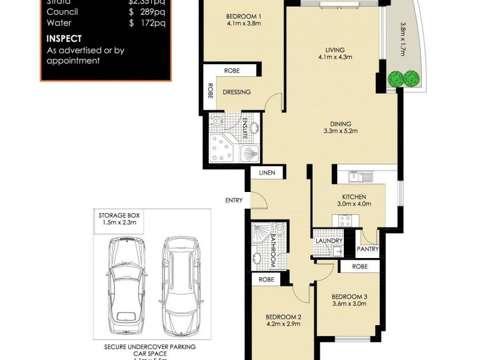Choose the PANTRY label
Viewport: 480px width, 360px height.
(x=367, y=248)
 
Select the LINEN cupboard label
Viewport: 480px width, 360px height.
(x=267, y=173)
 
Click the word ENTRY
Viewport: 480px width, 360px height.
(x=233, y=200)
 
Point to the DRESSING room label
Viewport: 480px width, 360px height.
(x=236, y=92)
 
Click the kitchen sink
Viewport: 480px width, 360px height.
(x=362, y=176)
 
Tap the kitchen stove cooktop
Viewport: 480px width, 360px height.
(x=346, y=220)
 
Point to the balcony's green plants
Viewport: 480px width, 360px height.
(x=403, y=78)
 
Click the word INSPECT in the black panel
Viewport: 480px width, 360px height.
(x=64, y=38)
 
